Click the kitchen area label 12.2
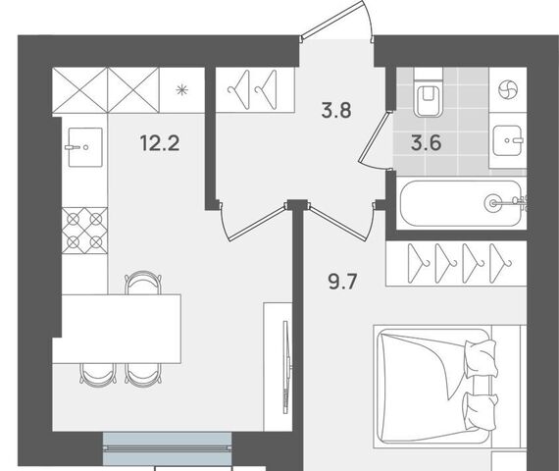160,143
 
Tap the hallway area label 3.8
336,110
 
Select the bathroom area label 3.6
426,143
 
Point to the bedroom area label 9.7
342,282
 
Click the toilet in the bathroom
429,92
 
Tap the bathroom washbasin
508,141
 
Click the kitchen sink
85,147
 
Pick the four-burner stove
84,231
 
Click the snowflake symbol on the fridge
182,90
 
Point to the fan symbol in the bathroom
507,89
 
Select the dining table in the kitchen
117,329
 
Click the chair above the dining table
143,283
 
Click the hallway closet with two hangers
255,90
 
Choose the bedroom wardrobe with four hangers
456,263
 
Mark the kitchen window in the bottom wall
167,448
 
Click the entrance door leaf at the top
331,21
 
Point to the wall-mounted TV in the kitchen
285,367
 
